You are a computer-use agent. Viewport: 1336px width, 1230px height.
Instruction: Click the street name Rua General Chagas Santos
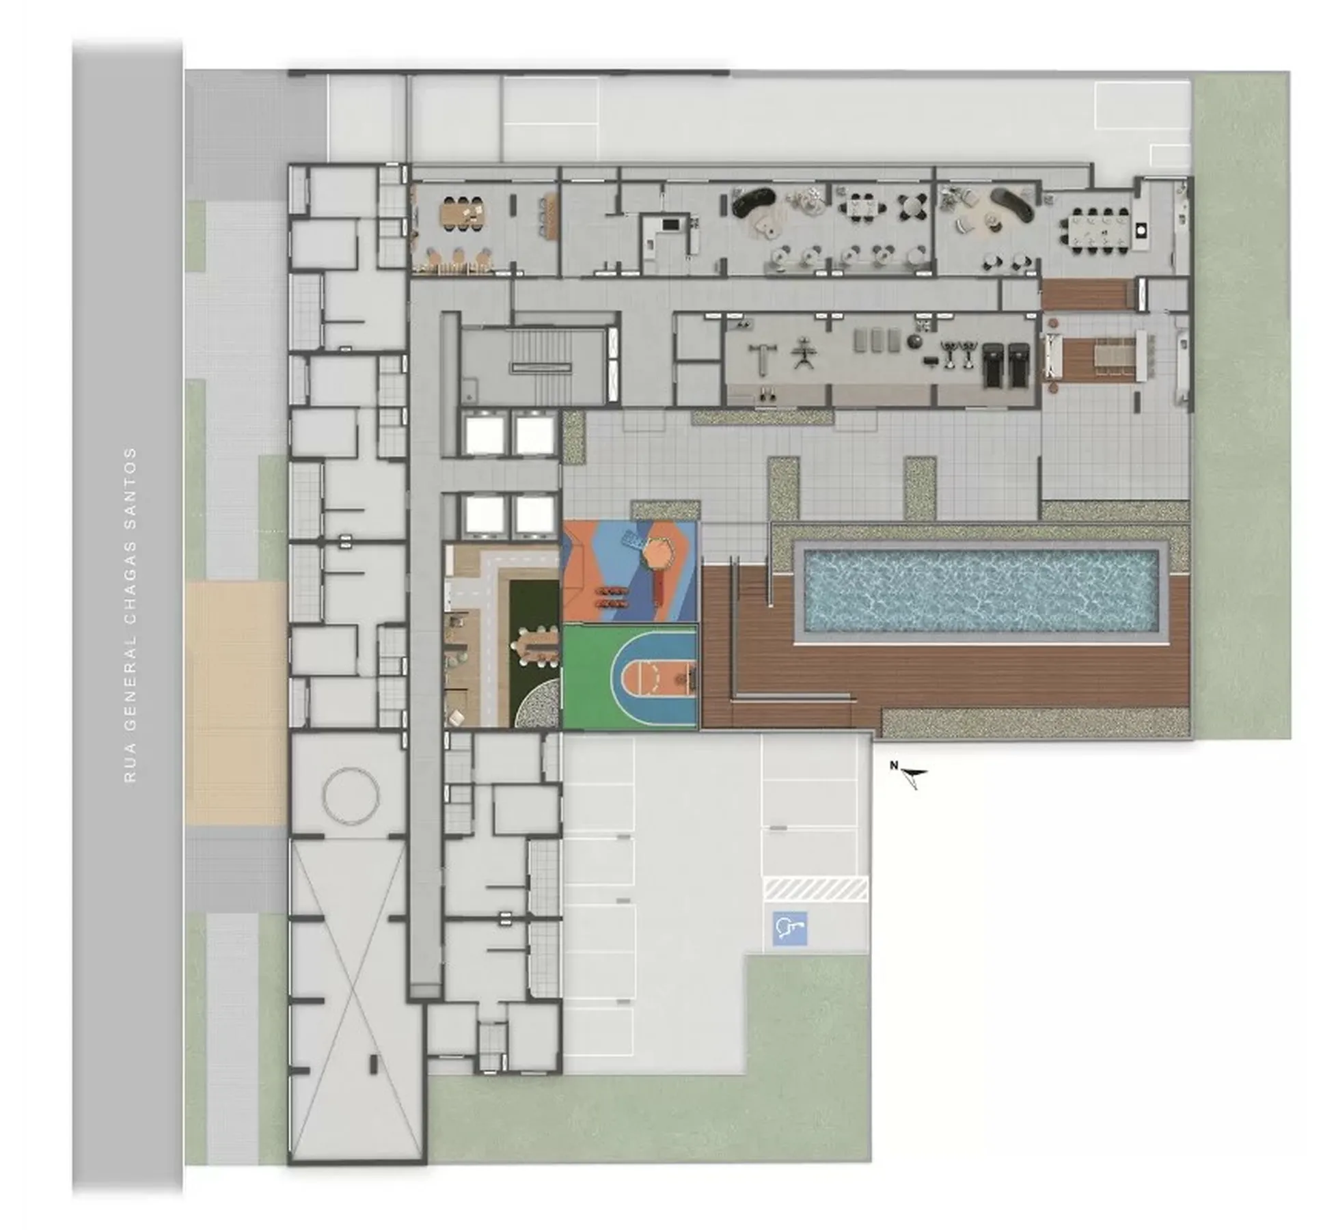(130, 614)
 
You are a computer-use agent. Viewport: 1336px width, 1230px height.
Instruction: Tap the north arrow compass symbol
(912, 776)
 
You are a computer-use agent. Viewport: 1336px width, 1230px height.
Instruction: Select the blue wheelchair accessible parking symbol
(789, 928)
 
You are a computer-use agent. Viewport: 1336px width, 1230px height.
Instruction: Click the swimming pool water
(981, 591)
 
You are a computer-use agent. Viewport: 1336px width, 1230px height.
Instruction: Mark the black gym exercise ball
(914, 342)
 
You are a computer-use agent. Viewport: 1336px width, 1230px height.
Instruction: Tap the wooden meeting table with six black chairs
(464, 213)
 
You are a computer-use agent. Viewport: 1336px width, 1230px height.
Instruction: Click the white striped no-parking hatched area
(815, 889)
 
